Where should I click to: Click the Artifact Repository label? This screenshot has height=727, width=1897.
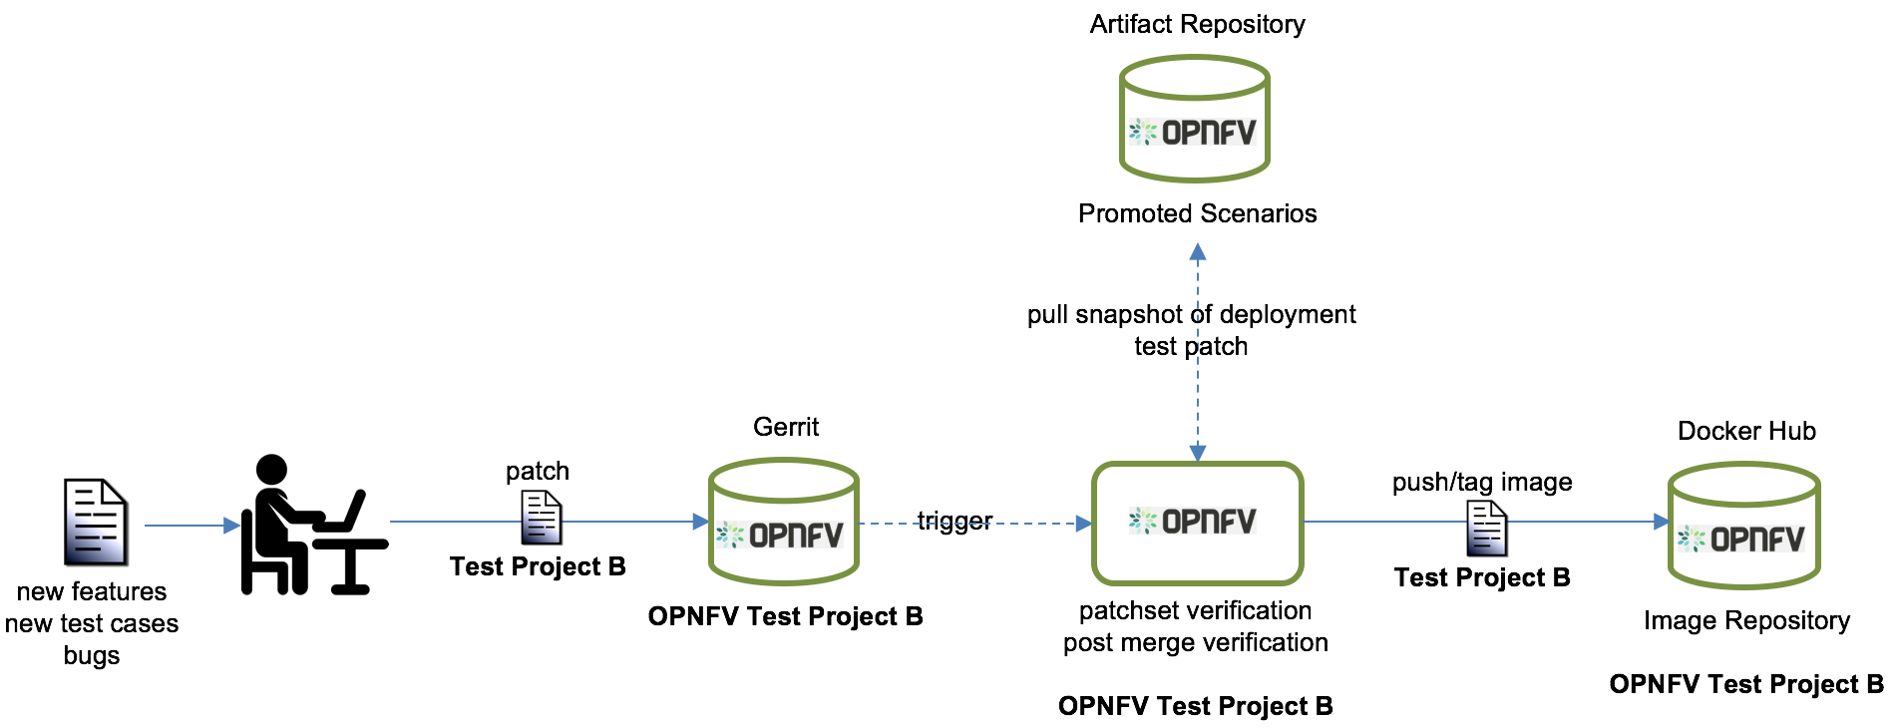(x=1197, y=24)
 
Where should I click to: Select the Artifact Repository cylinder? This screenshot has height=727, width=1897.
(x=1194, y=119)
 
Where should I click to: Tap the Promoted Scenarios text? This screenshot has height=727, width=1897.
(x=1197, y=213)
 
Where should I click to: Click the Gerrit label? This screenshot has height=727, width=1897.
(x=786, y=427)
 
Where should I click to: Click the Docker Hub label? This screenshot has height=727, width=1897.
(x=1746, y=431)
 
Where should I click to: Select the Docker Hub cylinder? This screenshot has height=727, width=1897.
(x=1743, y=526)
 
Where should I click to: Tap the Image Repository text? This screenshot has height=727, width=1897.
(x=1746, y=620)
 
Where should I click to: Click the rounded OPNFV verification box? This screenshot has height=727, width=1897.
(x=1197, y=523)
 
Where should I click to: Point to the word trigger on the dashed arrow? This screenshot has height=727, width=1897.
(x=954, y=521)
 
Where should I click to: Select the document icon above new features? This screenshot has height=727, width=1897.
(x=95, y=522)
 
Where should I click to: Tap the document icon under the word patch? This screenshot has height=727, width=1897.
(x=542, y=519)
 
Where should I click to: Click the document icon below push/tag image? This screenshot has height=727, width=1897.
(x=1486, y=529)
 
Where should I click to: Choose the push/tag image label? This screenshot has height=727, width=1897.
(x=1482, y=482)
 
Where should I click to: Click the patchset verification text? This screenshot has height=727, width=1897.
(x=1195, y=610)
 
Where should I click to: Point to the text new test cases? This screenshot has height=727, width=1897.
(x=92, y=623)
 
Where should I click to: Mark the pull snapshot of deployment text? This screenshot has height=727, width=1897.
(x=1191, y=314)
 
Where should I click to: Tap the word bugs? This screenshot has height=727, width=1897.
(x=92, y=655)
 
